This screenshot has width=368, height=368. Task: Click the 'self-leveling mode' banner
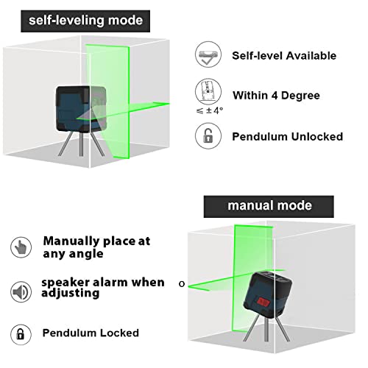(x=85, y=20)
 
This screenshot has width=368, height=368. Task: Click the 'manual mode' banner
(x=259, y=205)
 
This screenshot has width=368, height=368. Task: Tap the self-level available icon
(x=208, y=55)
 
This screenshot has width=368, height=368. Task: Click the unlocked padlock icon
(x=208, y=136)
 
